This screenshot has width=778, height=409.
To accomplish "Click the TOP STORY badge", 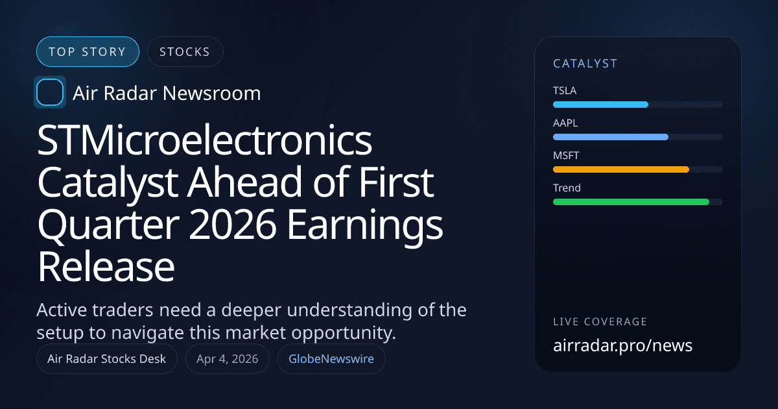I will [x=88, y=52].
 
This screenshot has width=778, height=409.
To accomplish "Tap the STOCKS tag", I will [x=185, y=52].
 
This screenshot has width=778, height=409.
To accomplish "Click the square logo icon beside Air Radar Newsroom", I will [x=50, y=93].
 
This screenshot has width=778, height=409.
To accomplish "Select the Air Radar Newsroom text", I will [x=167, y=93].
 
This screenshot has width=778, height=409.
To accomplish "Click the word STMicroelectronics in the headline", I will [x=205, y=141].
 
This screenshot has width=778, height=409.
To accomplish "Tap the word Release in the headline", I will [x=106, y=268].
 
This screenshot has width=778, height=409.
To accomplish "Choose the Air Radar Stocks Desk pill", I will [x=107, y=359].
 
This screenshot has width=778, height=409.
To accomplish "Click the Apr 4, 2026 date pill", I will [x=227, y=359].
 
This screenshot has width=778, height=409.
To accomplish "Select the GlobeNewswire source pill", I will [x=331, y=359].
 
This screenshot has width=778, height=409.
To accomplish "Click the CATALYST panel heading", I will [x=585, y=64].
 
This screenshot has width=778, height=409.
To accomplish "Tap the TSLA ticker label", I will [x=565, y=90].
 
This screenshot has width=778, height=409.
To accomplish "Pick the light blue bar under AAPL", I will [x=610, y=137].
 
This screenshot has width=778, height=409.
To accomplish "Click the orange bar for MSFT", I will [x=620, y=169].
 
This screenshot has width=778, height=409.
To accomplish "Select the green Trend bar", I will [x=630, y=202].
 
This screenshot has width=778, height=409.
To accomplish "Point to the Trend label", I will [x=567, y=188].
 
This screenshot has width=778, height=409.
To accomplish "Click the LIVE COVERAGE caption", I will [x=600, y=321].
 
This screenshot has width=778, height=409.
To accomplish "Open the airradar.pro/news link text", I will [x=622, y=345].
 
